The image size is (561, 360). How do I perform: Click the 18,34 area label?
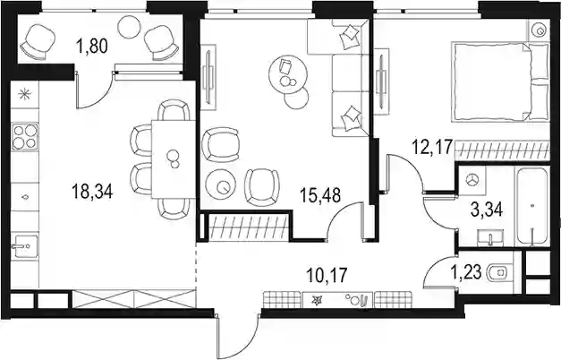pyautogui.click(x=92, y=191)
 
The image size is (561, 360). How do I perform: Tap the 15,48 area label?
pyautogui.click(x=320, y=195)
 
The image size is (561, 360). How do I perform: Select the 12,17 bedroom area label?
pyautogui.click(x=432, y=147)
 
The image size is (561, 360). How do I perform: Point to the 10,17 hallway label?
pyautogui.click(x=327, y=276)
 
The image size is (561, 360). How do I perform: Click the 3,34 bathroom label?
pyautogui.click(x=487, y=210)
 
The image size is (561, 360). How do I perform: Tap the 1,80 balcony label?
pyautogui.click(x=92, y=46)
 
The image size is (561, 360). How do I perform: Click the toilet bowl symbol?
pyautogui.click(x=499, y=272)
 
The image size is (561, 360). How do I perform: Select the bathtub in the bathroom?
pyautogui.click(x=532, y=207)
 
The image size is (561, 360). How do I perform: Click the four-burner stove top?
pyautogui.click(x=25, y=136)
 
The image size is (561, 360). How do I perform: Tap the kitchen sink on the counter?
pyautogui.click(x=24, y=245)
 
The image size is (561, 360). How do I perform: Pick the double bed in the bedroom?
pyautogui.click(x=500, y=82)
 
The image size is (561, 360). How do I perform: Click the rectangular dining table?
pyautogui.click(x=174, y=159)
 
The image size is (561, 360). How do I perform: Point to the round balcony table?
pyautogui.click(x=129, y=27)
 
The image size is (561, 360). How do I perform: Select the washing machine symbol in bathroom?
pyautogui.click(x=472, y=180)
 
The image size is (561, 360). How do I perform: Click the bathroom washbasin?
pyautogui.click(x=490, y=237)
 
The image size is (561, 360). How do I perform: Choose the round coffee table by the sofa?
pyautogui.click(x=288, y=74)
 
